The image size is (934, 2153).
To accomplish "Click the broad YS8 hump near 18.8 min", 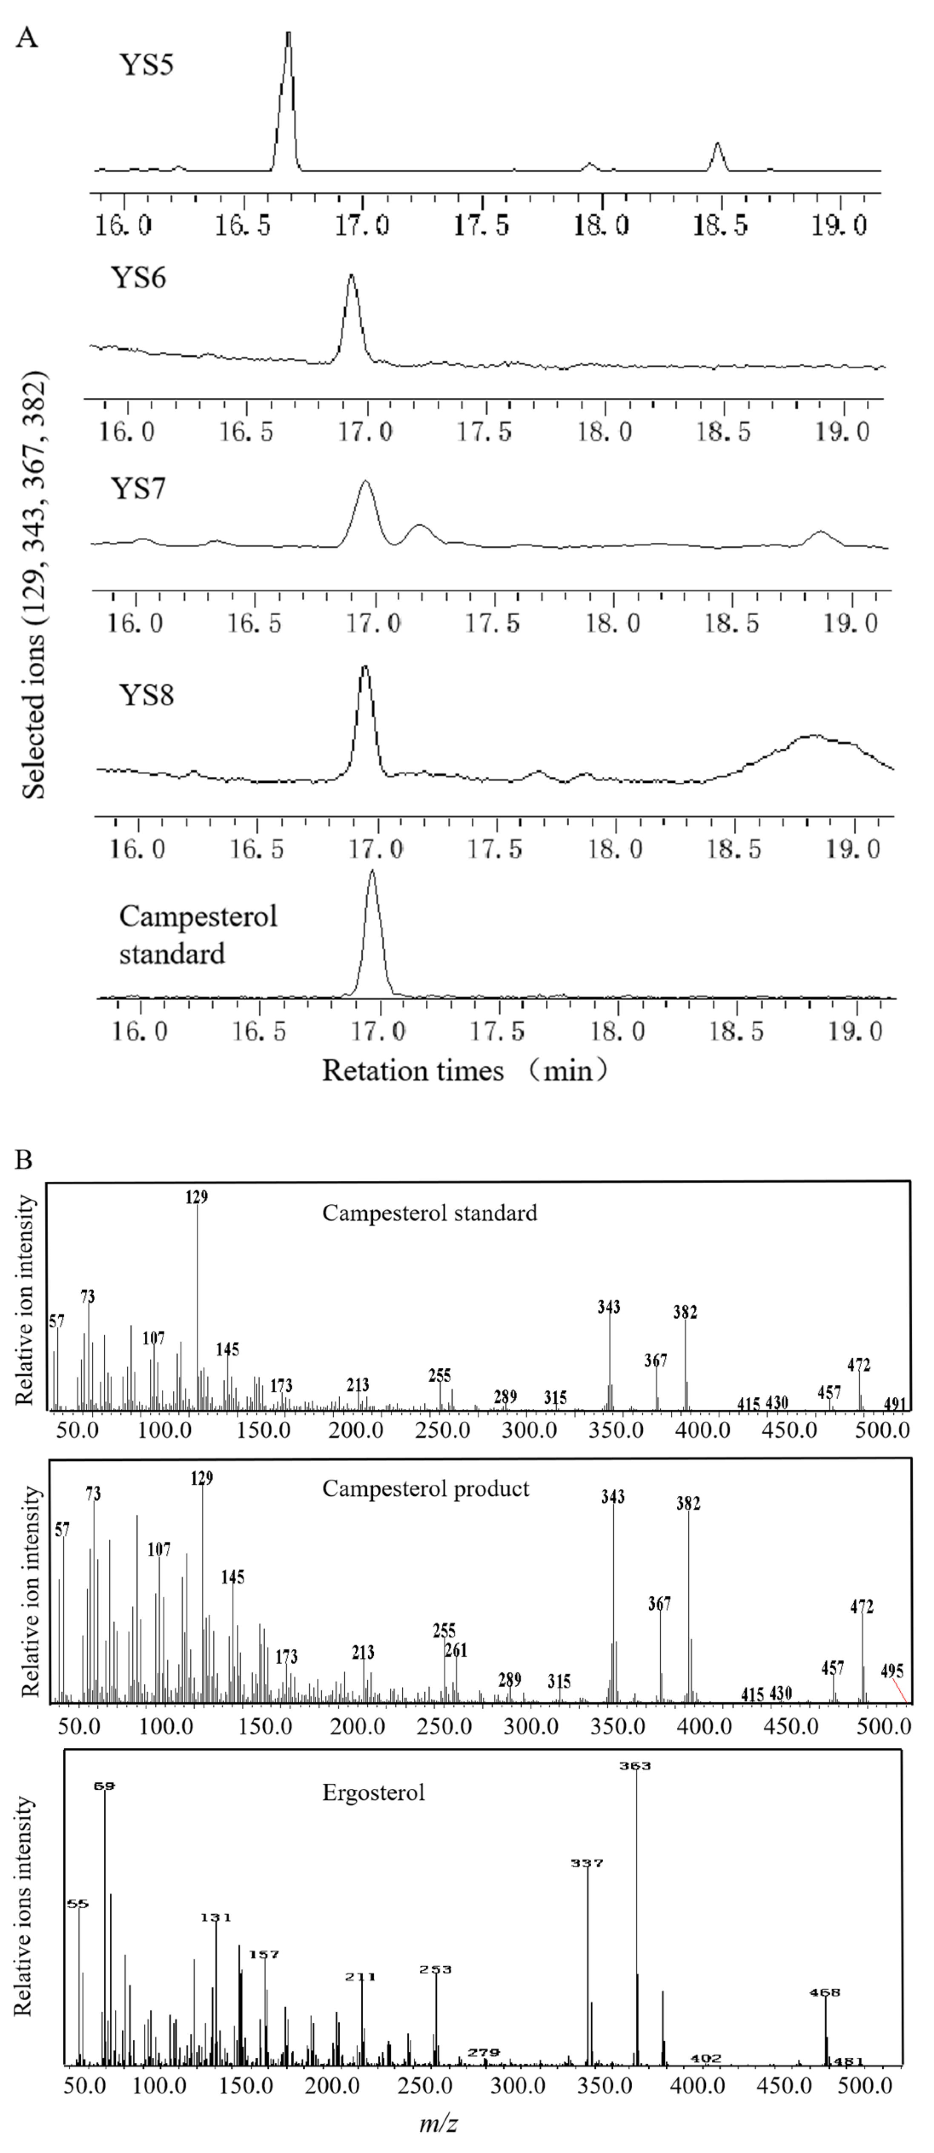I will [x=811, y=737].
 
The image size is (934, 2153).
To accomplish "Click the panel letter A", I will [x=28, y=37].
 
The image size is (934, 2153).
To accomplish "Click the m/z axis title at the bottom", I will [x=438, y=2123].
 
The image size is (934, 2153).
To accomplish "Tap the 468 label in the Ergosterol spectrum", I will [x=825, y=1993].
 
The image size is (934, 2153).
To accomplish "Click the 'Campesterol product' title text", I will [x=426, y=1489].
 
